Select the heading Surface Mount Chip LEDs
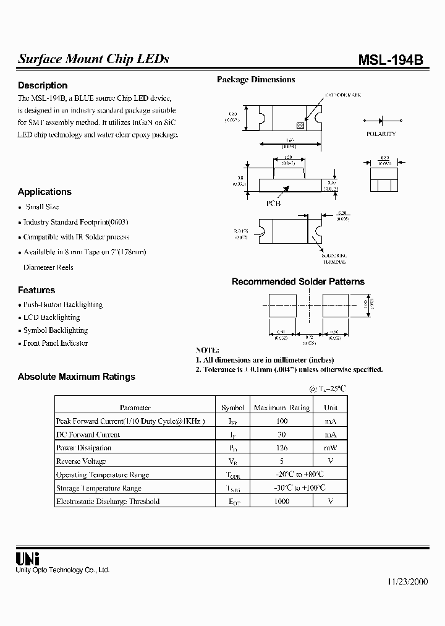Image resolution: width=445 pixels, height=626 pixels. [x=93, y=59]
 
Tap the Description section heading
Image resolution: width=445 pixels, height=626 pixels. [x=43, y=85]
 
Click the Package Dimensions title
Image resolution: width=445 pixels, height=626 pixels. [x=256, y=79]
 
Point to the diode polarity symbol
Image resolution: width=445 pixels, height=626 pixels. [x=381, y=121]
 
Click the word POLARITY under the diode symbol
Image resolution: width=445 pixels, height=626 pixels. [x=381, y=134]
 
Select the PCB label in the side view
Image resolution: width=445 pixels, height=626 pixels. [x=273, y=204]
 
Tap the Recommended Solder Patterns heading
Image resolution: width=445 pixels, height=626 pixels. [x=298, y=281]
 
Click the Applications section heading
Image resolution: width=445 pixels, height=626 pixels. [x=44, y=192]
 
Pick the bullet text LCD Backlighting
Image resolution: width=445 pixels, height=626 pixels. [x=51, y=317]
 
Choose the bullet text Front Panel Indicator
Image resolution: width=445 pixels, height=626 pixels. [x=56, y=343]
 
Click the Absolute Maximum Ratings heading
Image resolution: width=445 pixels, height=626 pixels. [x=76, y=376]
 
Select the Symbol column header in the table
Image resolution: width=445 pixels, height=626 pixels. [x=233, y=408]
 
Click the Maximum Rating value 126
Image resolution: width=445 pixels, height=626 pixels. [x=281, y=448]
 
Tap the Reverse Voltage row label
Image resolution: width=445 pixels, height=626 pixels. [x=81, y=461]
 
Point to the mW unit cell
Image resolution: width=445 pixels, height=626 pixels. [x=331, y=448]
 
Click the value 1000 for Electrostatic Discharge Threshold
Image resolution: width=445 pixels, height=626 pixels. [x=281, y=502]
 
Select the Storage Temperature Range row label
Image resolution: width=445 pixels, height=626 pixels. [x=98, y=488]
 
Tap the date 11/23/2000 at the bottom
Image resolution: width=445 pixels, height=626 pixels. [x=407, y=582]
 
